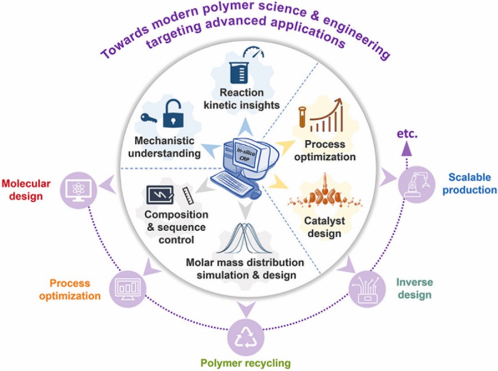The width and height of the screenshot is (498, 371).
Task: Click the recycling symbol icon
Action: [245, 334]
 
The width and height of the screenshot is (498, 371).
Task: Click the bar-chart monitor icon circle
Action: [127, 287]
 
